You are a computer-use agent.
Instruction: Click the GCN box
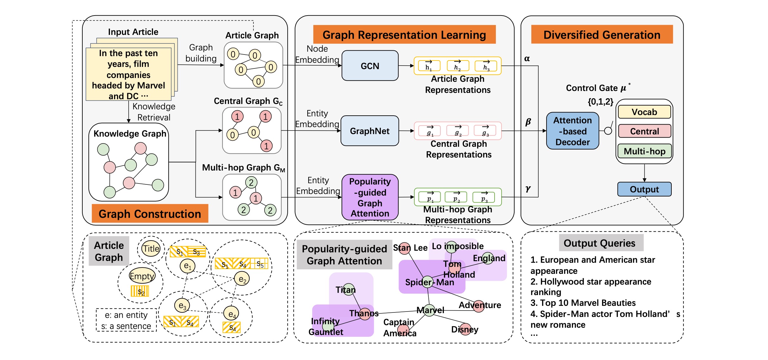tap(370, 66)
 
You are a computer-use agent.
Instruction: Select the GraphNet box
tap(369, 131)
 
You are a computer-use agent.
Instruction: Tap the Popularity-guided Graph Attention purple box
tap(370, 197)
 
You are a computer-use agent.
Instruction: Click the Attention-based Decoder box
tap(572, 131)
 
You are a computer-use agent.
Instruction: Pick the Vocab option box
tap(644, 112)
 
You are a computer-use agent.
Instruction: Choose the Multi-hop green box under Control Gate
tap(644, 151)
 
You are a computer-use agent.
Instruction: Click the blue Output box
tap(644, 189)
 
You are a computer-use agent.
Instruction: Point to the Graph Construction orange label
tap(150, 214)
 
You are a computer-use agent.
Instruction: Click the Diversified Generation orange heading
tap(602, 35)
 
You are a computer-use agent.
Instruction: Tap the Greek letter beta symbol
tap(528, 122)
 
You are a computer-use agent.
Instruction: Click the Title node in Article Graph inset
tap(151, 249)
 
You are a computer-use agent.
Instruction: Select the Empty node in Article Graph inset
tap(142, 276)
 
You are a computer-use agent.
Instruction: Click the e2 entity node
tap(242, 279)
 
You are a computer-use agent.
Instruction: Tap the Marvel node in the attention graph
tap(430, 310)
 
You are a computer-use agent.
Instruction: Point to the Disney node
tap(465, 329)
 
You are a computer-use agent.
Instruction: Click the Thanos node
tap(365, 314)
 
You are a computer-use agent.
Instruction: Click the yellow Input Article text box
tap(128, 74)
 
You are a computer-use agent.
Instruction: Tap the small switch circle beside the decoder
tap(608, 131)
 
